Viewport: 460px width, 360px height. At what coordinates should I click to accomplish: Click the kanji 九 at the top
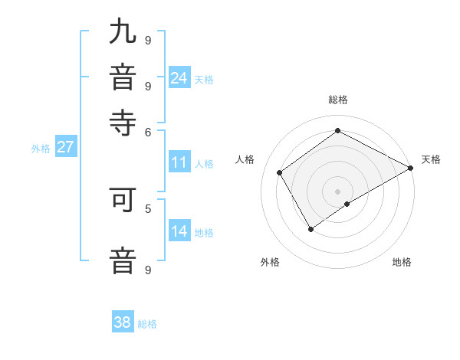123,33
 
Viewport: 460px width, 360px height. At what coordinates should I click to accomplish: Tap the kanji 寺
123,122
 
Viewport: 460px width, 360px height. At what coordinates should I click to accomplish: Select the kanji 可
123,201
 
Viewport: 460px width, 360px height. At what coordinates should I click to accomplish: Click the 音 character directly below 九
123,77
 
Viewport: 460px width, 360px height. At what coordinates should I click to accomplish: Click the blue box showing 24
179,77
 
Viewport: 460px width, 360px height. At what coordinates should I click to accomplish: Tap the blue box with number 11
179,162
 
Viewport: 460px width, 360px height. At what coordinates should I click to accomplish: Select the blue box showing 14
179,231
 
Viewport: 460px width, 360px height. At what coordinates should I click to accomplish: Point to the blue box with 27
65,147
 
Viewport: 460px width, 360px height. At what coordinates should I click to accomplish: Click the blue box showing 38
123,322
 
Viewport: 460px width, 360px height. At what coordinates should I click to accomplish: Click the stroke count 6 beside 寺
148,131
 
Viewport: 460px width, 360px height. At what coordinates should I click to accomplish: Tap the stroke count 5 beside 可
148,208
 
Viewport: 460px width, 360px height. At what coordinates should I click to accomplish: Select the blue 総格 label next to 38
147,324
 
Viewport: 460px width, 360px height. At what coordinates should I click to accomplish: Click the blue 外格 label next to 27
41,149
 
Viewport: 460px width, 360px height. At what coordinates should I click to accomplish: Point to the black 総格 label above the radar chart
338,100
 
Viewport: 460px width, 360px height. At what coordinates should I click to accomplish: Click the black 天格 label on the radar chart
431,159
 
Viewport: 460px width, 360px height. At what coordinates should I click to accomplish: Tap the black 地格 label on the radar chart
402,262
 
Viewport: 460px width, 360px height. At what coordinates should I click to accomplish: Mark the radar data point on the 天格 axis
411,168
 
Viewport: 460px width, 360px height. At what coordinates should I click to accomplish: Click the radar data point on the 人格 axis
280,172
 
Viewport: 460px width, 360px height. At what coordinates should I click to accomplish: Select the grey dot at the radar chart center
338,191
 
